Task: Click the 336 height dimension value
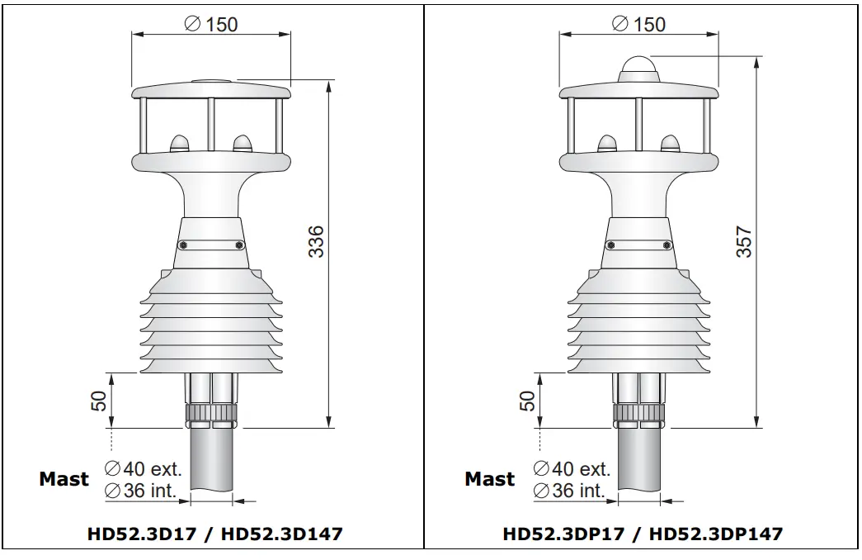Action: click(317, 240)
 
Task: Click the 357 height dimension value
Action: click(745, 242)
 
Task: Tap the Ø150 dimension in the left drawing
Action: click(211, 24)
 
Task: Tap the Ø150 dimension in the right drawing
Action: click(638, 24)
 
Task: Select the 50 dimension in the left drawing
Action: click(99, 401)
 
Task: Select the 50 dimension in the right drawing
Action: click(527, 401)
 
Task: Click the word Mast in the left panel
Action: click(64, 479)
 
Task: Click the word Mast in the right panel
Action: click(489, 479)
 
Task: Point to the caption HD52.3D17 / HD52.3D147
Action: click(214, 534)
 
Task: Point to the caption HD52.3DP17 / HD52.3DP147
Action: click(642, 534)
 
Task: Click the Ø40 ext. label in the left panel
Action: click(144, 469)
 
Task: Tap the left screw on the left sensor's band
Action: click(183, 244)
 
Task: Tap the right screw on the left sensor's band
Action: click(239, 244)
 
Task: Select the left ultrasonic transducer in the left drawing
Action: click(179, 144)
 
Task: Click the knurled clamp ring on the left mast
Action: click(211, 414)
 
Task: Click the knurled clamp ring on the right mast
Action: click(638, 414)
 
